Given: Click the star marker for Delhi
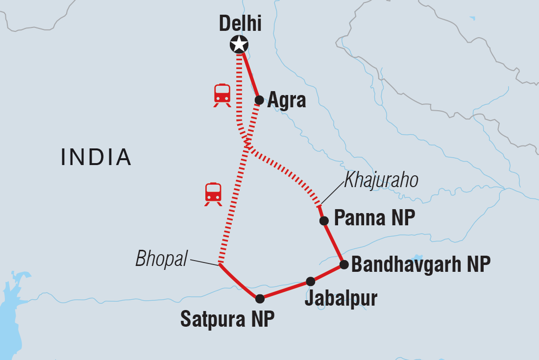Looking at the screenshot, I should [x=239, y=45].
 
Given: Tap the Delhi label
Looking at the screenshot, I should [x=240, y=23].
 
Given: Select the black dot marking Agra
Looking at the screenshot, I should [x=259, y=100].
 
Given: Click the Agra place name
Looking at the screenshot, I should [x=287, y=100].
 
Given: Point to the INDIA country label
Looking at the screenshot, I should [x=96, y=157].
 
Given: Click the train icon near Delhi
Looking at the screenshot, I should [x=222, y=95].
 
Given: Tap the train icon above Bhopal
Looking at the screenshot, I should [x=213, y=194].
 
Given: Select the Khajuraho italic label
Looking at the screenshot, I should [x=381, y=181].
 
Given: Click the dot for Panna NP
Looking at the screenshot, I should [x=324, y=221].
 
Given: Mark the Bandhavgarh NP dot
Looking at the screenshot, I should [x=344, y=265].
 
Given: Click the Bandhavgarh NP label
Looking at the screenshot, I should [x=421, y=265].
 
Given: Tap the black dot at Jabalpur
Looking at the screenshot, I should [x=310, y=281].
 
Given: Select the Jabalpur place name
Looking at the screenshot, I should [x=341, y=298].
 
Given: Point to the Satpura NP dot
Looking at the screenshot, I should [x=260, y=298].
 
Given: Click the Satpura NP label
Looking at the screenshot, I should [x=227, y=319].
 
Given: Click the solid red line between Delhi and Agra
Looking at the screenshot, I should [x=250, y=73].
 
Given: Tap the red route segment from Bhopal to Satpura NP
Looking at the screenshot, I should [x=238, y=283].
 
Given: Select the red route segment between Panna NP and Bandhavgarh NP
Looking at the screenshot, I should [x=334, y=243].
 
